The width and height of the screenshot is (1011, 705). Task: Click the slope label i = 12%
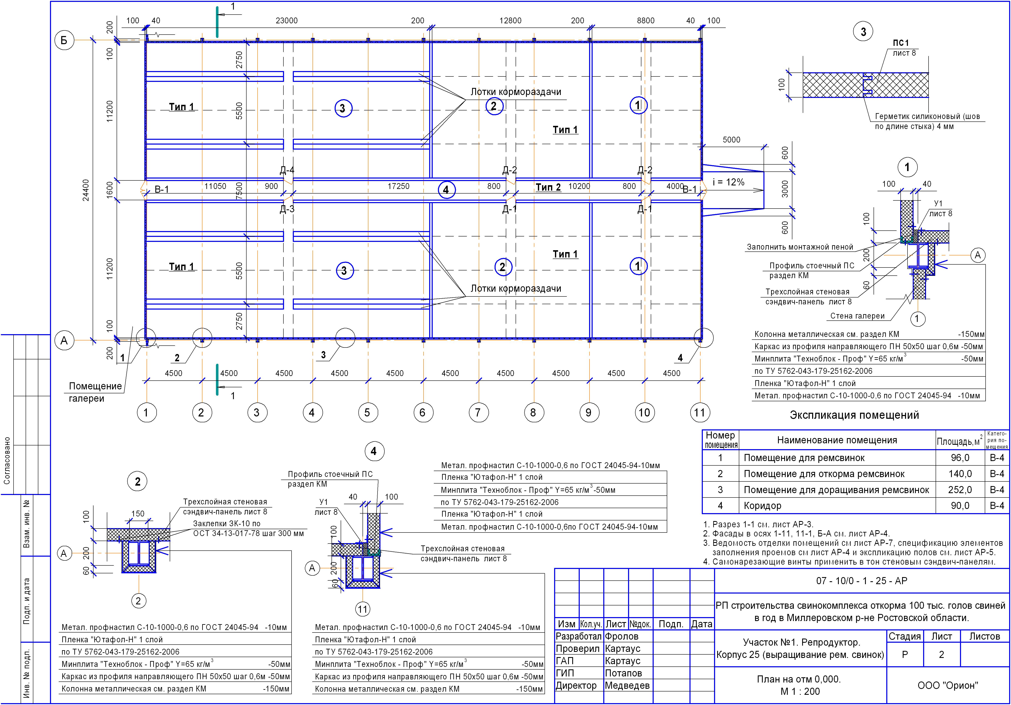tap(728, 182)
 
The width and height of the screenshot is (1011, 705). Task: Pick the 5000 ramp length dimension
tap(731, 140)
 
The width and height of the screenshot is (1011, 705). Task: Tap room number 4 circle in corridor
tap(446, 190)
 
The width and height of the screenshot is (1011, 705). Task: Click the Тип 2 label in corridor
tap(548, 187)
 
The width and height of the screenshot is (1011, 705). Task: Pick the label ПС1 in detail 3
tap(900, 43)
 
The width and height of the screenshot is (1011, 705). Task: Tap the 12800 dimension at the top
tap(510, 21)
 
